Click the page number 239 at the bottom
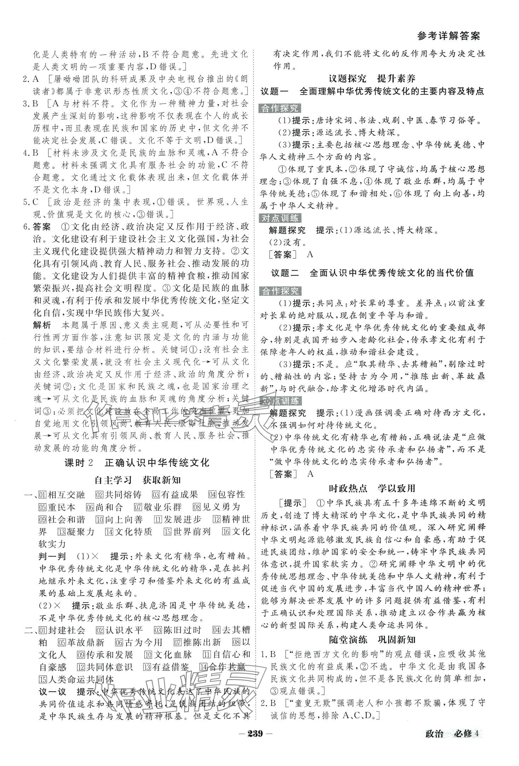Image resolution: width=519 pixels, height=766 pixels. [261, 752]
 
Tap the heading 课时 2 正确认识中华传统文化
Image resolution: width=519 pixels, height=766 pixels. [137, 462]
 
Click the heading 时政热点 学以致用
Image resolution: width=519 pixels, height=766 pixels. [372, 489]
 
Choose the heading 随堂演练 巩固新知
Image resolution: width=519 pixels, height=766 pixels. [372, 639]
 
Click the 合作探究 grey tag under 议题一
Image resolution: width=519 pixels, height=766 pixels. [280, 108]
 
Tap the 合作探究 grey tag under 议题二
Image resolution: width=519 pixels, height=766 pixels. [280, 291]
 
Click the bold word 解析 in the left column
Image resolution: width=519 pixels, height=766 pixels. [42, 315]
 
